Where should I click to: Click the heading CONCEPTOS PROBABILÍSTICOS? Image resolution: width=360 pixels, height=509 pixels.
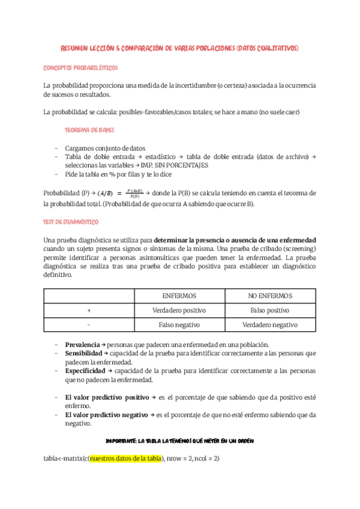click(x=80, y=68)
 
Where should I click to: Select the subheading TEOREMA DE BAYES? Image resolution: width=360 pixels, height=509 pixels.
click(x=89, y=130)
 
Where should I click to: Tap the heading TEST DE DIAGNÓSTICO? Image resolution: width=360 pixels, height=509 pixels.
click(x=71, y=221)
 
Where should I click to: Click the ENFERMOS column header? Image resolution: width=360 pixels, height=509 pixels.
click(x=179, y=296)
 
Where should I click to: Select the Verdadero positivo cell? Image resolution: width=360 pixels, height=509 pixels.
click(x=179, y=310)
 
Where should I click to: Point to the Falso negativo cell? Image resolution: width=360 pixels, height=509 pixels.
click(x=179, y=325)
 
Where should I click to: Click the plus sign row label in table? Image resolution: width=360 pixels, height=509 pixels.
click(x=89, y=310)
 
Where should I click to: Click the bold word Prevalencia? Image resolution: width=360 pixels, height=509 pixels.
click(x=82, y=345)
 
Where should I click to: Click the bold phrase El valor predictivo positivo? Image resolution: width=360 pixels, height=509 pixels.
click(x=107, y=397)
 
